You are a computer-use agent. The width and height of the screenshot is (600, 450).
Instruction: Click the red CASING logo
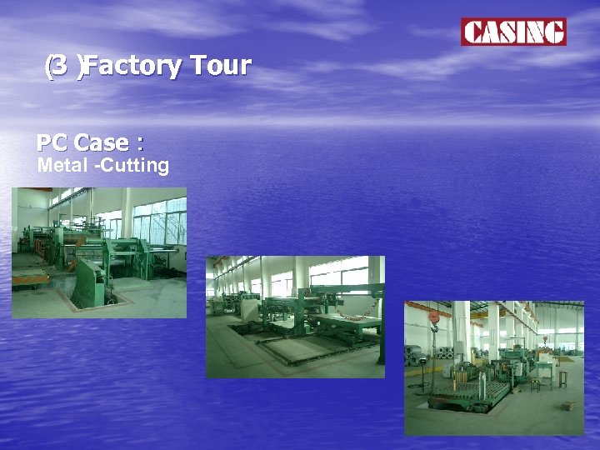pos(513,32)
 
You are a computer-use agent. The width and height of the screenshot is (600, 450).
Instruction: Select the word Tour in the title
pos(220,65)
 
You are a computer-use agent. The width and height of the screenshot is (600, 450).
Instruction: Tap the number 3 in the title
pos(60,65)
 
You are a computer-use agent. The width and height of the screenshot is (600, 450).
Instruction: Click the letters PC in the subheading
pos(52,142)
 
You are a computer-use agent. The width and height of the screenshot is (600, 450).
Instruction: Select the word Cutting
pos(137,165)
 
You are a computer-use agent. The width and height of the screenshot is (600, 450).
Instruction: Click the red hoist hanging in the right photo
pos(434,317)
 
